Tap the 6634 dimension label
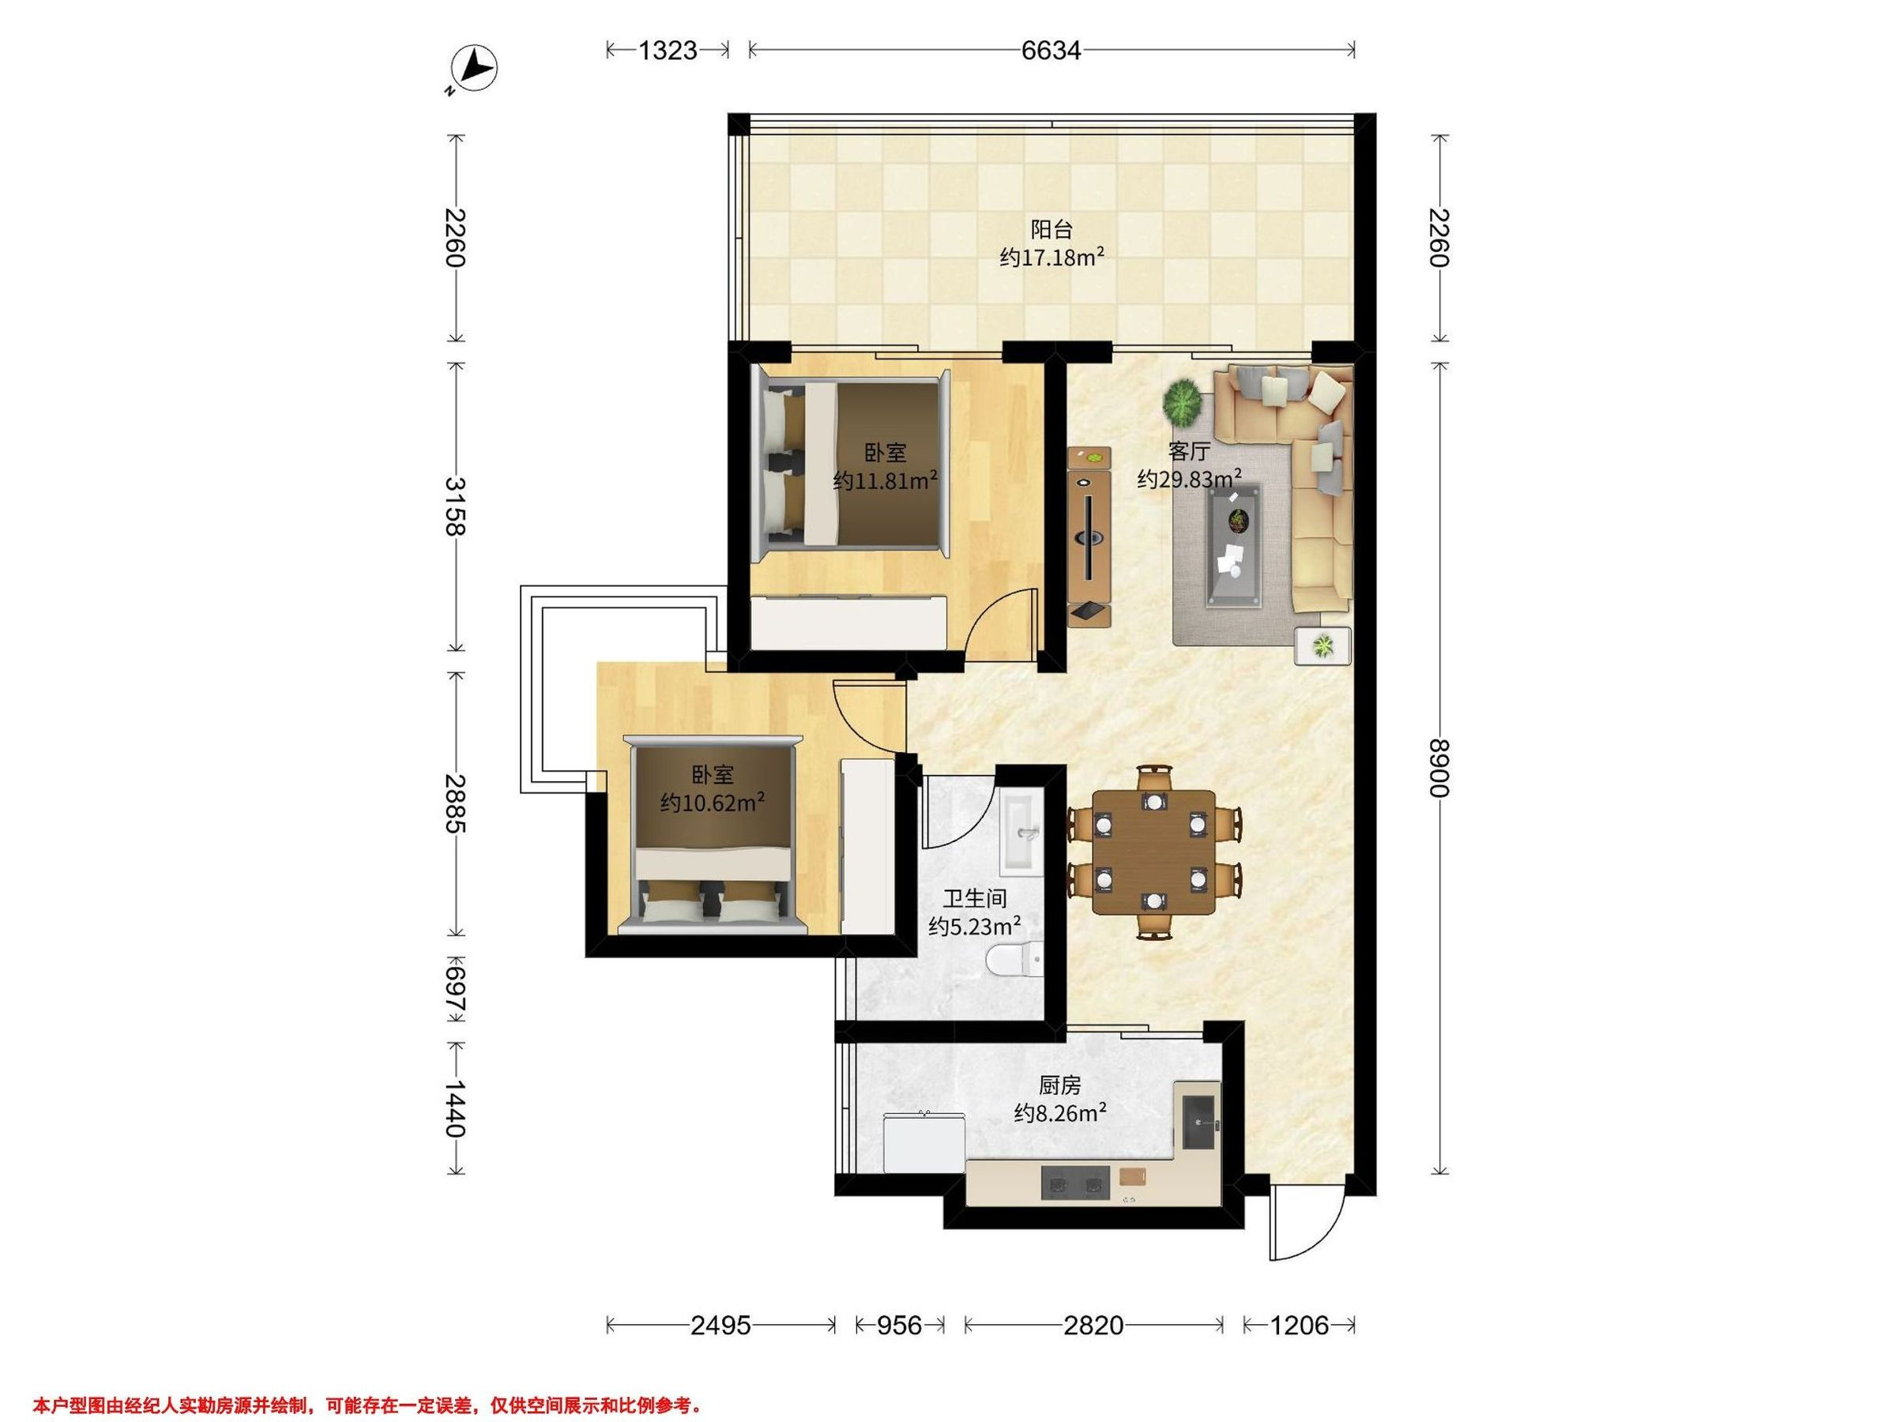(1051, 51)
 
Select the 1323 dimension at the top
(668, 51)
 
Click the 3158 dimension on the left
(455, 506)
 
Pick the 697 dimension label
(455, 989)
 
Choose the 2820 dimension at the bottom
(1093, 1326)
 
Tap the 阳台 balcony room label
(1051, 230)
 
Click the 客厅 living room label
(1189, 451)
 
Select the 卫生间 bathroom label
(975, 899)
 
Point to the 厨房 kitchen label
(1059, 1085)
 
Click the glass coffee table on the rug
(1233, 546)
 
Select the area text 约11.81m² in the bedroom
(886, 480)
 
